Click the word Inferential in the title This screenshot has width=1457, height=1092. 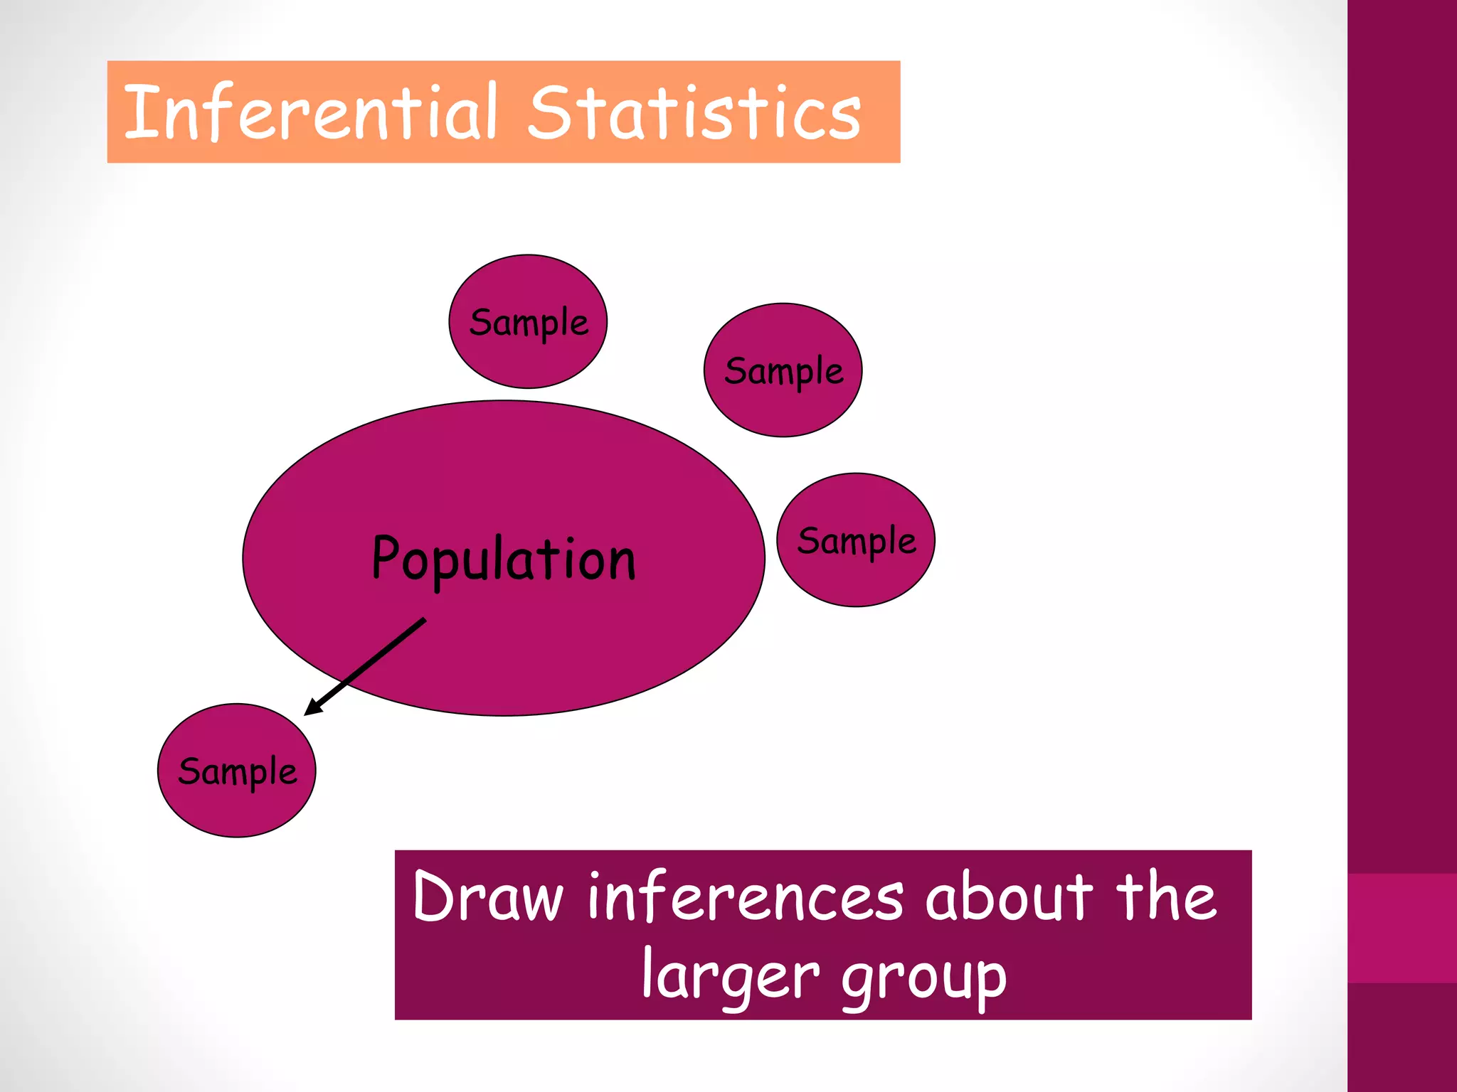coord(310,112)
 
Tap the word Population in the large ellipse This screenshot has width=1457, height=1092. coord(503,560)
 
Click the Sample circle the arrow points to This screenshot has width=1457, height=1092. coord(237,771)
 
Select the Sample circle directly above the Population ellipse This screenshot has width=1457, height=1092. coord(528,321)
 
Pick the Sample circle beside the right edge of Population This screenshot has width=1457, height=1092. coord(856,540)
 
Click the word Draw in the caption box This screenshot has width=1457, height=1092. coord(487,897)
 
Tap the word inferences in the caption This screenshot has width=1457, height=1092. coord(746,897)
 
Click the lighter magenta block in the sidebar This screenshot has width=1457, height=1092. coord(1402,928)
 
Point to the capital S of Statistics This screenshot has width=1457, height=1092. coord(551,112)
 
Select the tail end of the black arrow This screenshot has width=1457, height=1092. coord(424,620)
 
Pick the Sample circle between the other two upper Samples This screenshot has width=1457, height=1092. coord(783,370)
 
